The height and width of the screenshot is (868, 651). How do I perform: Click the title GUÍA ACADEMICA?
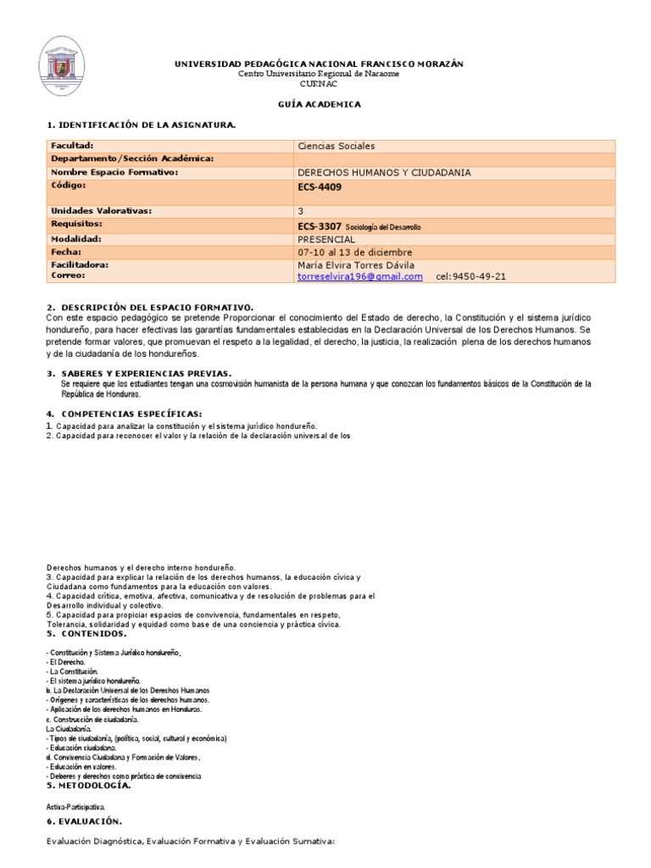(x=320, y=104)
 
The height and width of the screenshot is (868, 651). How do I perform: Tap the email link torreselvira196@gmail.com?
(x=359, y=276)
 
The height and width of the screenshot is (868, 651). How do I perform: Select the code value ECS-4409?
(x=320, y=187)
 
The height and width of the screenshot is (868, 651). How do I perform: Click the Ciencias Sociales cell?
(x=336, y=146)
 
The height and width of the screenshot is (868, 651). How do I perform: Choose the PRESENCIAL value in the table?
(x=325, y=239)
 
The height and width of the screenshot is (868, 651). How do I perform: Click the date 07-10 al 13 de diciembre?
(x=354, y=252)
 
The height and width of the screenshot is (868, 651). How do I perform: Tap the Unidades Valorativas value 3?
(x=300, y=211)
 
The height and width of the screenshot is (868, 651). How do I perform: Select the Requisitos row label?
(x=76, y=224)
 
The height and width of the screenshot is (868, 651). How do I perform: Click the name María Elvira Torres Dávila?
(x=356, y=264)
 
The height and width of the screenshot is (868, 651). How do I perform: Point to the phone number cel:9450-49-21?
(x=472, y=276)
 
